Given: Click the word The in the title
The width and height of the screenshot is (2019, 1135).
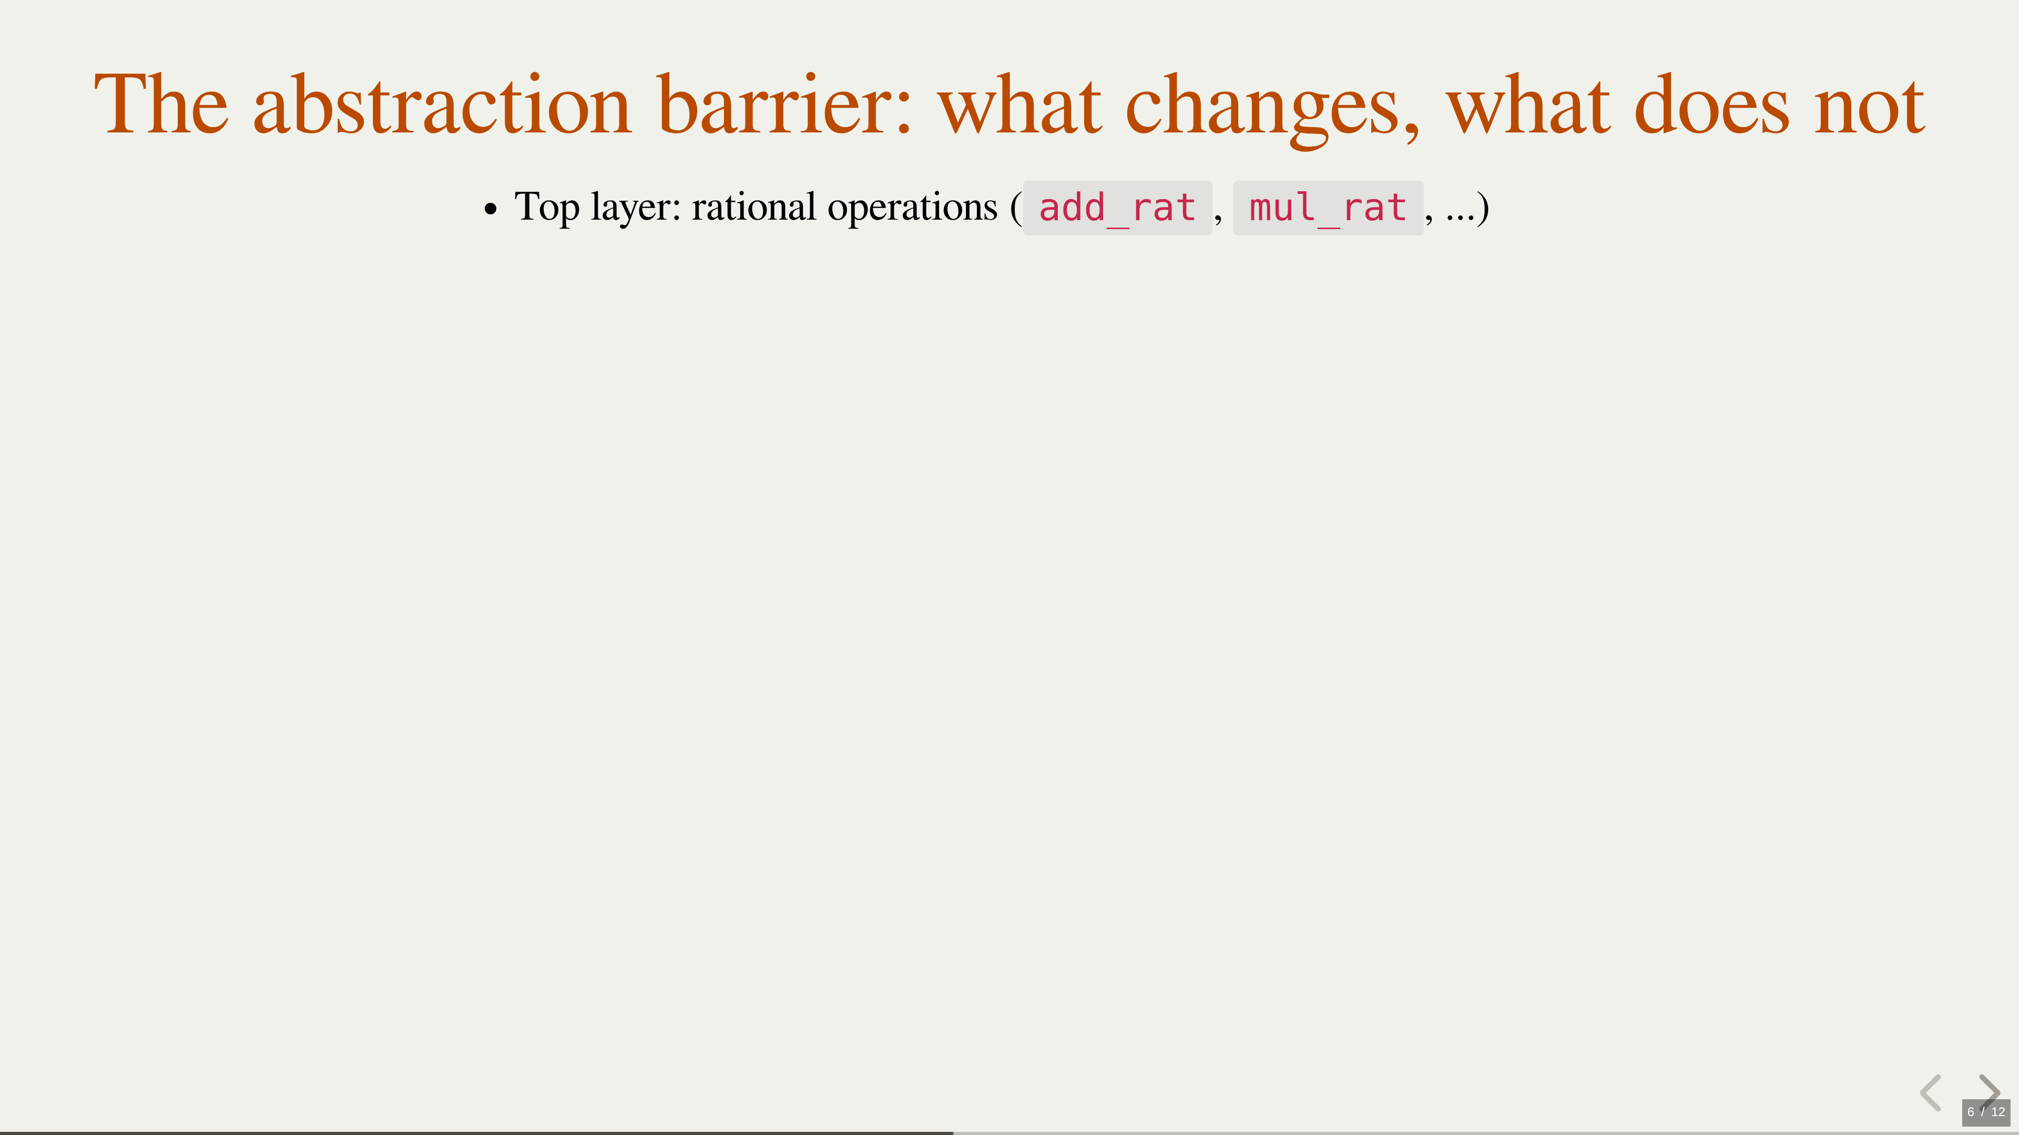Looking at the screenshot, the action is tap(161, 104).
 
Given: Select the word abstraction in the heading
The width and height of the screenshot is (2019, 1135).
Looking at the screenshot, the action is tap(442, 104).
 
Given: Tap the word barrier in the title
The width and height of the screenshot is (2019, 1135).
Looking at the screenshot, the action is tap(784, 104).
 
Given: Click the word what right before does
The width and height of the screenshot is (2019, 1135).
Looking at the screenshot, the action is tap(1528, 104).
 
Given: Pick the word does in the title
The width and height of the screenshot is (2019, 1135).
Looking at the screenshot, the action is tap(1712, 104).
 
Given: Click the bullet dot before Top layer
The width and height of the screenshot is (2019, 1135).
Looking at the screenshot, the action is tap(491, 209).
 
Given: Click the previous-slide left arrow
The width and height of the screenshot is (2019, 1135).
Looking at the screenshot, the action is tap(1931, 1093).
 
